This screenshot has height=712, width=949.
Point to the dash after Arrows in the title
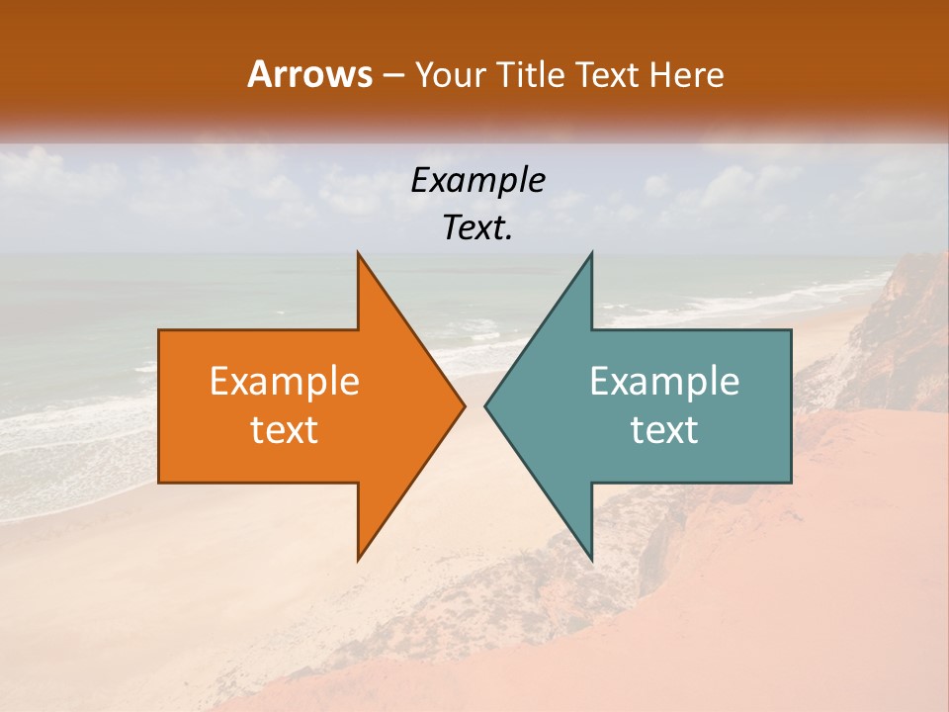click(394, 75)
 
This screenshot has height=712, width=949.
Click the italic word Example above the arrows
click(478, 181)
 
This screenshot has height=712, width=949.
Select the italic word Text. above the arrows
click(478, 228)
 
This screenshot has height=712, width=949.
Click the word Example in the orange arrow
click(285, 382)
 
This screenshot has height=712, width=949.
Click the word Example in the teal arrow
click(664, 382)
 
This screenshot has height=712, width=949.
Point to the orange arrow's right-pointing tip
click(465, 405)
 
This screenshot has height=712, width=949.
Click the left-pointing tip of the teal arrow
click(485, 405)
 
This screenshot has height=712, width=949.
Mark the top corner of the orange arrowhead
click(358, 253)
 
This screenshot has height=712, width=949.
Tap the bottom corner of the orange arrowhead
click(358, 560)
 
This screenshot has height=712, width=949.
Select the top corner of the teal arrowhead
click(591, 253)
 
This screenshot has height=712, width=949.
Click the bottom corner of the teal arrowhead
click(591, 560)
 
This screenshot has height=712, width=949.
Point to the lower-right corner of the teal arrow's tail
click(790, 482)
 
